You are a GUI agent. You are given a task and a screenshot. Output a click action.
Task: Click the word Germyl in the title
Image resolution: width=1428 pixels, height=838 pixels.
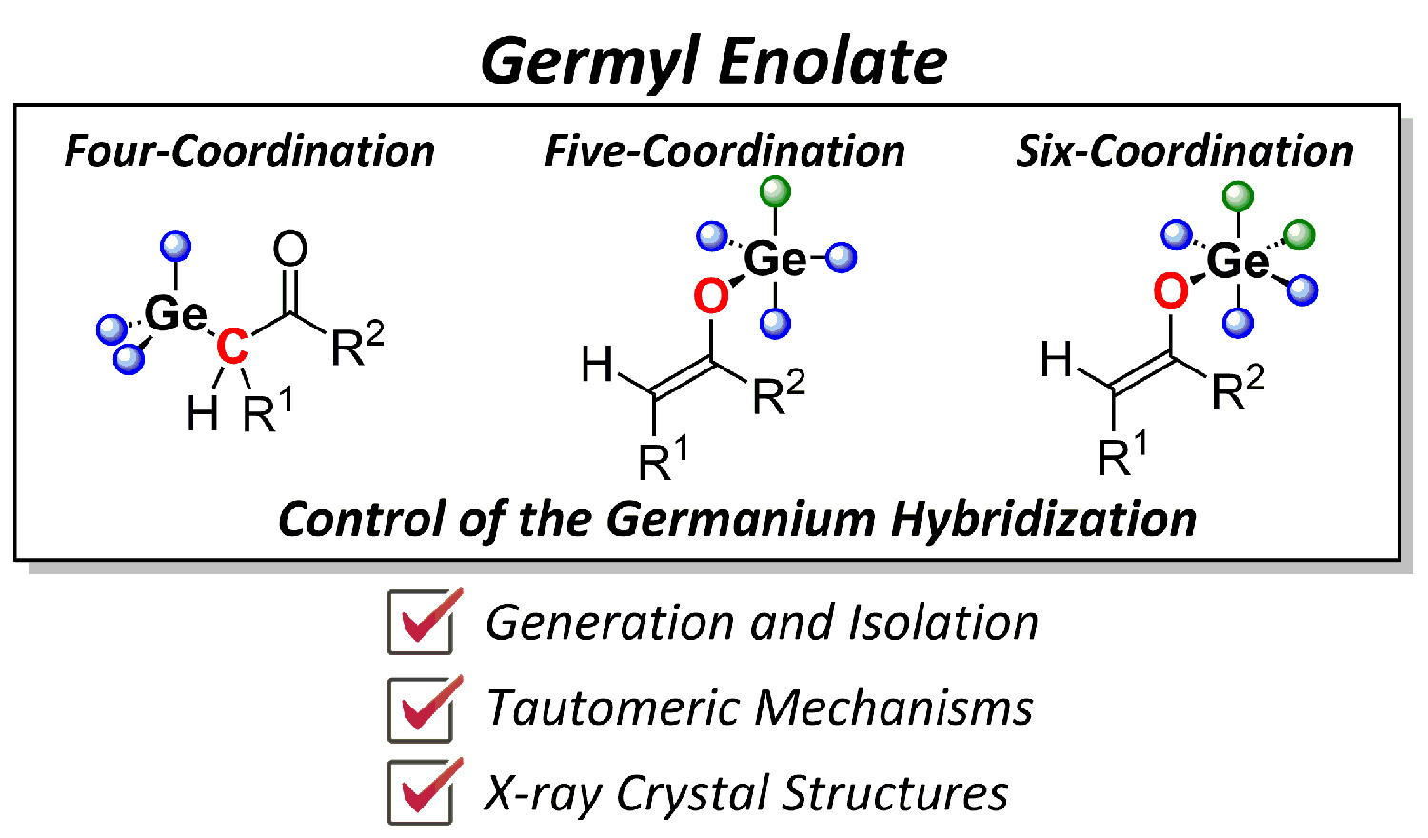click(590, 62)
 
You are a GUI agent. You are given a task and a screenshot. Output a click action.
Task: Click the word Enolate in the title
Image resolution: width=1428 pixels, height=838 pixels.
click(832, 62)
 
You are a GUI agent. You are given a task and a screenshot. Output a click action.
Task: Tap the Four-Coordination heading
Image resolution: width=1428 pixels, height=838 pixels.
click(249, 151)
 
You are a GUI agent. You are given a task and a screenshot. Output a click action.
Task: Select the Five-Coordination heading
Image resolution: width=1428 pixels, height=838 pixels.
click(724, 151)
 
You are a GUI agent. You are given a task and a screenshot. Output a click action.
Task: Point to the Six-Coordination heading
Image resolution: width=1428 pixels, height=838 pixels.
click(1184, 151)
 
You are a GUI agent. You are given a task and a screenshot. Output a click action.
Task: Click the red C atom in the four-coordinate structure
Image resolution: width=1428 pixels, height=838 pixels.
click(231, 347)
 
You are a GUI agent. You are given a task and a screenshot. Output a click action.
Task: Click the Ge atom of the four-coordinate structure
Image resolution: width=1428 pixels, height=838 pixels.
click(175, 313)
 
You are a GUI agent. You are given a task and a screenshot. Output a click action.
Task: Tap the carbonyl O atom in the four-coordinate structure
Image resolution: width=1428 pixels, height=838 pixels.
click(290, 249)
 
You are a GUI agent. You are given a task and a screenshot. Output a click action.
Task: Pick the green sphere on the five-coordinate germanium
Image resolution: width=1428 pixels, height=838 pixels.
click(776, 191)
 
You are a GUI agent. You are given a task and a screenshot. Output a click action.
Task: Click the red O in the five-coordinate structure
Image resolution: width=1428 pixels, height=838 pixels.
click(711, 296)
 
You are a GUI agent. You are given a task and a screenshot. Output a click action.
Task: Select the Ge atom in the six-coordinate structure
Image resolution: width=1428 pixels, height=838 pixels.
click(1238, 260)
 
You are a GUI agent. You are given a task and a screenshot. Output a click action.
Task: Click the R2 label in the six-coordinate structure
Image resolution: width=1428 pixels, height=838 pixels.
click(1238, 388)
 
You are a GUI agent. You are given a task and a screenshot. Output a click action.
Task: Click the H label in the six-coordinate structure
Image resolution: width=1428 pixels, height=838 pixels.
click(1057, 360)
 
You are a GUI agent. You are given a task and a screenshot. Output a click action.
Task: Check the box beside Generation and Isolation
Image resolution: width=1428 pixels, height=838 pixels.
click(422, 622)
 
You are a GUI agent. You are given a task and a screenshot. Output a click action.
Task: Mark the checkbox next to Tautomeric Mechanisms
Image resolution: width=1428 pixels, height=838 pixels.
click(422, 708)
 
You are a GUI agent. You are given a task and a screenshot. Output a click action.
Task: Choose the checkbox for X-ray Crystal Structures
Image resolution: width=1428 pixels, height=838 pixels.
click(422, 791)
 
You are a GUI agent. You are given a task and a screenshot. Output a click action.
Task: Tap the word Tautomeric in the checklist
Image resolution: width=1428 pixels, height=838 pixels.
click(609, 708)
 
